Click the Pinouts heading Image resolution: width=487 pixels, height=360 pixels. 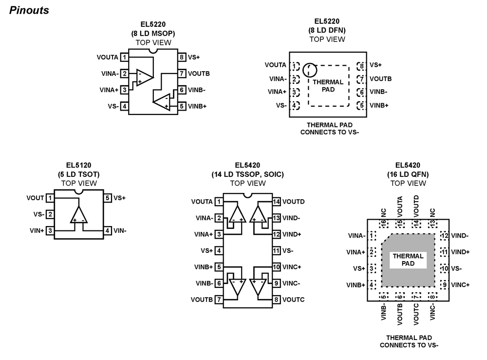pos(29,10)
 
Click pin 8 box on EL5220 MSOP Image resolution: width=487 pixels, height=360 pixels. pos(181,57)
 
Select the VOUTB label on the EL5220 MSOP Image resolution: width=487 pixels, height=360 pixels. pos(198,74)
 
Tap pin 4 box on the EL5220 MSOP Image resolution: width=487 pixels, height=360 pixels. pos(125,106)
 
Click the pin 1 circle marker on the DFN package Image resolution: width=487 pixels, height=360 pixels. pos(309,70)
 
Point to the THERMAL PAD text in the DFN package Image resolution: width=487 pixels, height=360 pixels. pos(328,86)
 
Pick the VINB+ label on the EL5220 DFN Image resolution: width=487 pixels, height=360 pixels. pos(379,105)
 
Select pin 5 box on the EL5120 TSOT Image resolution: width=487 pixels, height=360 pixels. pos(107,198)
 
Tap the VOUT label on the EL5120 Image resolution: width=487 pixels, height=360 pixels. pos(35,198)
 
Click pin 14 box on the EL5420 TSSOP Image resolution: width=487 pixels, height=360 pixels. pos(276,201)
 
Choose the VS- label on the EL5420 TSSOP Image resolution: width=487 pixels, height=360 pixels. pos(288,250)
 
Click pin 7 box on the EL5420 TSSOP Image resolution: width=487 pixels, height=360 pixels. pos(219,300)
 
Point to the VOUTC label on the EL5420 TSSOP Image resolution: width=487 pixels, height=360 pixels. pos(293,300)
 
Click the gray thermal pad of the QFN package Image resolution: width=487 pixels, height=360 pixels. pos(408,273)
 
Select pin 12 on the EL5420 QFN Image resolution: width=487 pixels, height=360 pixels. pos(444,236)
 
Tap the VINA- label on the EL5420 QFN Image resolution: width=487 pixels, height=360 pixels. pos(356,236)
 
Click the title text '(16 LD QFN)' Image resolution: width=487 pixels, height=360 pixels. pos(408,174)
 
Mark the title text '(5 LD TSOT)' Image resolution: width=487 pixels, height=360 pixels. pos(79,174)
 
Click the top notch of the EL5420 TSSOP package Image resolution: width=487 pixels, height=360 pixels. pos(248,194)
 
